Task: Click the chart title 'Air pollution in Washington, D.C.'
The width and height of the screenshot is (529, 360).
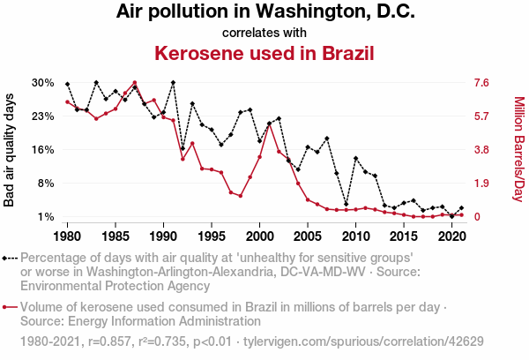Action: point(264,13)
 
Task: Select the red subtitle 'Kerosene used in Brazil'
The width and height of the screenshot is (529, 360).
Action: point(264,53)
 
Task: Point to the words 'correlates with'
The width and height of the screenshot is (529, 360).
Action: point(264,33)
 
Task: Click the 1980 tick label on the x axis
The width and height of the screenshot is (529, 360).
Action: point(67,236)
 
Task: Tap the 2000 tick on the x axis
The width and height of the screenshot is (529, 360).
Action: point(259,236)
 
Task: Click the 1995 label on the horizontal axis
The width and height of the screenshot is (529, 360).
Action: point(211,236)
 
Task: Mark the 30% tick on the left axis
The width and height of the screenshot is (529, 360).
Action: point(42,83)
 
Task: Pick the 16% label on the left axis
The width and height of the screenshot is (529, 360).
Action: point(42,150)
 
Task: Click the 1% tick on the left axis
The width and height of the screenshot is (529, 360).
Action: point(46,217)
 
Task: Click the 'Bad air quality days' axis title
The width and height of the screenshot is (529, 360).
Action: point(10,150)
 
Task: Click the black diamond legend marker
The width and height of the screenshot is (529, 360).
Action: point(7,258)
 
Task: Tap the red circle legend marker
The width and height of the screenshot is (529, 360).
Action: point(7,307)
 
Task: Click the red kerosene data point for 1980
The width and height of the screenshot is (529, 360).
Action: point(67,102)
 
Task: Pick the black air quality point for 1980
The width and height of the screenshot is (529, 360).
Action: point(67,84)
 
